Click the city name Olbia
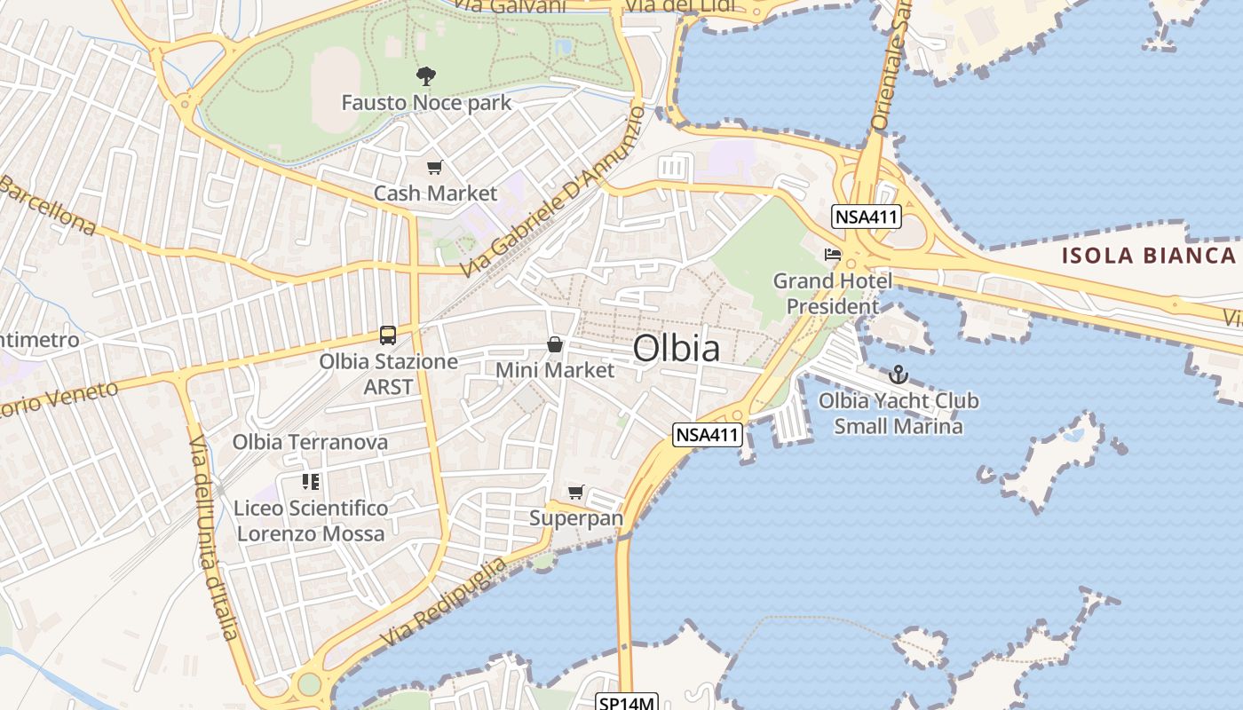coord(677,349)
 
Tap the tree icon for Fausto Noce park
coord(426,76)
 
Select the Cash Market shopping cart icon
coord(434,168)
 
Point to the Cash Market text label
coord(435,193)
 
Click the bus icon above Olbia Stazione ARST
coord(388,335)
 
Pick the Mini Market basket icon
coord(555,344)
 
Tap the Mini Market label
coord(555,370)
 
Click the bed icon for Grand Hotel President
coord(832,254)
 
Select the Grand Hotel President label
coord(833,294)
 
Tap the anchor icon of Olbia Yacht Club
coord(899,375)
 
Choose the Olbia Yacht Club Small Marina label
coord(899,414)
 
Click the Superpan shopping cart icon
coord(576,492)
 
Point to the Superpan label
coord(576,517)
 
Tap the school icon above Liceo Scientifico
coord(310,482)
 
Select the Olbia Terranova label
coord(310,442)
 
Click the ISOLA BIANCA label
coord(1149,256)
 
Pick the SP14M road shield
coord(626,703)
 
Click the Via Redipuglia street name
coord(444,603)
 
